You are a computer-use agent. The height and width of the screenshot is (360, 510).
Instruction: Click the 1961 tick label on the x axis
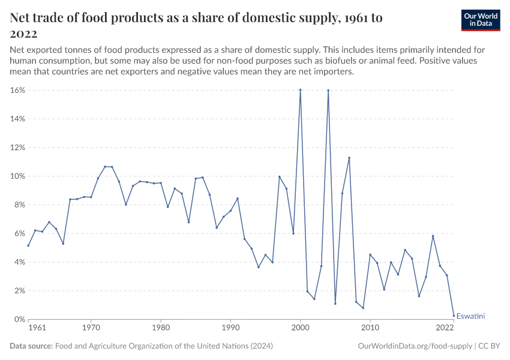(x=37, y=329)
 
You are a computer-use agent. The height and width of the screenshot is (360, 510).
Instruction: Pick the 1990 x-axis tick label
(x=230, y=329)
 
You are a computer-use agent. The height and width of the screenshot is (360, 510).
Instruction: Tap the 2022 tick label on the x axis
(x=445, y=329)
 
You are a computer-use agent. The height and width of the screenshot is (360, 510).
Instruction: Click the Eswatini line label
(x=470, y=316)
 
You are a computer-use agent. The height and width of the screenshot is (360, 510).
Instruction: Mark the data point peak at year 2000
(x=300, y=90)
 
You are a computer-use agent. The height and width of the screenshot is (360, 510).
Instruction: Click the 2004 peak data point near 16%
(x=328, y=90)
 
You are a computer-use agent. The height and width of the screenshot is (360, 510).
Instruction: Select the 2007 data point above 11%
(x=349, y=158)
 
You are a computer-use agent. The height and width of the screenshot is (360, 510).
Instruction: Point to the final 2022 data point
(x=454, y=316)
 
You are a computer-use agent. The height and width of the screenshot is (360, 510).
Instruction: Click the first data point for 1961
(x=28, y=245)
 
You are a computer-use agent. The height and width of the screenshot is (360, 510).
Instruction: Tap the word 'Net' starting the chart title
(x=22, y=18)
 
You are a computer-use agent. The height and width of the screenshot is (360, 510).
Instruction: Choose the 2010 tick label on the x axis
(x=370, y=329)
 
